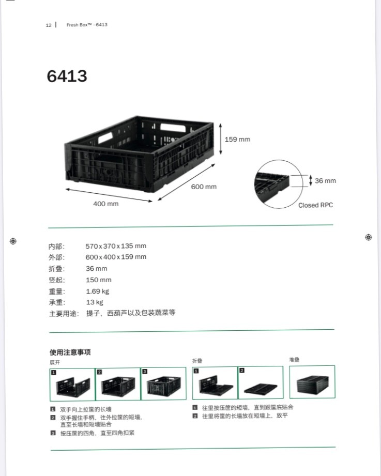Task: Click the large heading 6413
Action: point(67,76)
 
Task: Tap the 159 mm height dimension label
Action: point(237,140)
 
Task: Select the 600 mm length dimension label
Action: point(204,187)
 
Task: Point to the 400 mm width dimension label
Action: point(105,204)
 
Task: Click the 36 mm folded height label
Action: point(325,180)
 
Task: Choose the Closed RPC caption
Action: point(315,205)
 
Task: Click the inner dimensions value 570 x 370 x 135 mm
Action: point(116,246)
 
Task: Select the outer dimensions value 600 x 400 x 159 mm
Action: point(116,257)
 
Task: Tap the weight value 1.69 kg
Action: point(98,291)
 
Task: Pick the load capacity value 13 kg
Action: point(95,302)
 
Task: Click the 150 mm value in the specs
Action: point(99,280)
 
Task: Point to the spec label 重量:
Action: point(57,291)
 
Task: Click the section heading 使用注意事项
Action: point(70,352)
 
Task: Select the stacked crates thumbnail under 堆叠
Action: point(312,382)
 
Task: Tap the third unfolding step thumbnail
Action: point(164,384)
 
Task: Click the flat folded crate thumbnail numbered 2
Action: point(261,382)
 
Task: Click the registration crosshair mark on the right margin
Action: point(368,237)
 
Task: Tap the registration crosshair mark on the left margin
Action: point(13,241)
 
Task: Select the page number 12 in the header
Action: point(49,25)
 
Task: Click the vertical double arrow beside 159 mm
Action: point(221,139)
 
